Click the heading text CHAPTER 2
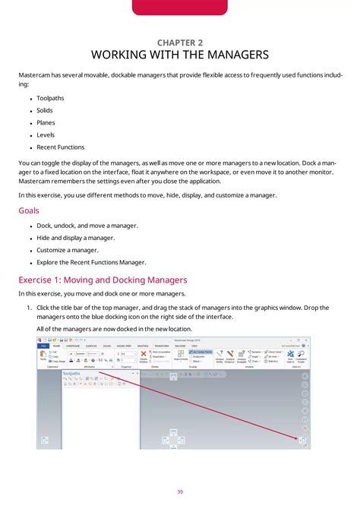click(x=180, y=43)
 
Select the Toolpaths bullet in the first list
click(x=50, y=98)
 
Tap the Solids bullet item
click(x=45, y=110)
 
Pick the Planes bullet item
click(x=46, y=122)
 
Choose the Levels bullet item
click(x=46, y=134)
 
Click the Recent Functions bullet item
click(x=60, y=147)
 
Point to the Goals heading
click(x=29, y=210)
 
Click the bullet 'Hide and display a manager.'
click(x=75, y=238)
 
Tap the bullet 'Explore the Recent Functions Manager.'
click(x=91, y=262)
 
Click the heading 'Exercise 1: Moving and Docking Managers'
click(x=102, y=280)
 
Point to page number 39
click(x=180, y=492)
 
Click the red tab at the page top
click(x=180, y=8)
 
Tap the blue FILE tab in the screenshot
click(x=44, y=345)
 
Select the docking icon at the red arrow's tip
click(x=302, y=440)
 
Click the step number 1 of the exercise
click(x=29, y=308)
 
